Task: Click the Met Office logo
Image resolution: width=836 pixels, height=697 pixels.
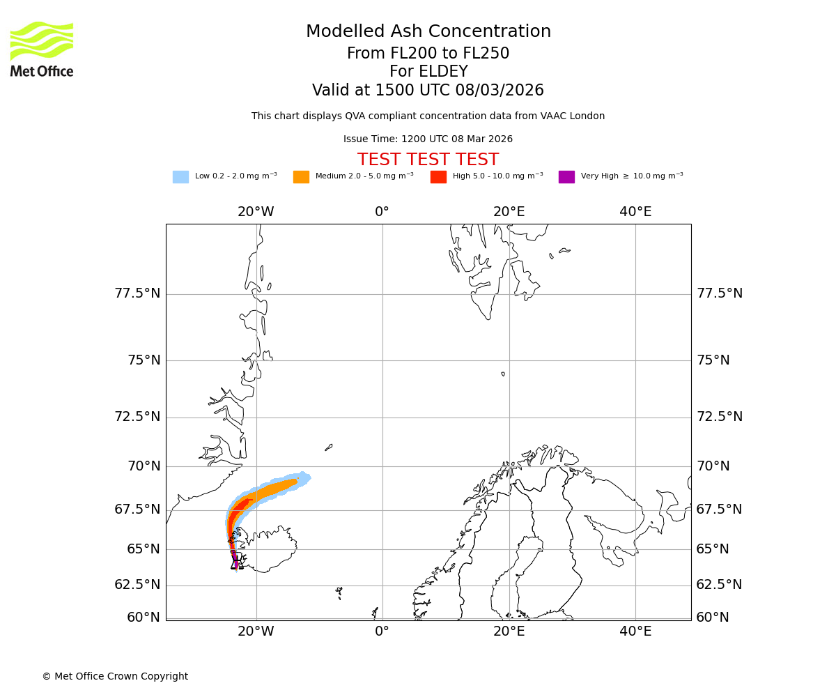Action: pyautogui.click(x=42, y=49)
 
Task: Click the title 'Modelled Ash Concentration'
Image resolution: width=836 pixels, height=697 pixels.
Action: pyautogui.click(x=428, y=32)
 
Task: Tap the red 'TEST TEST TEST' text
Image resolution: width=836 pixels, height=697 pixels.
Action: pyautogui.click(x=428, y=160)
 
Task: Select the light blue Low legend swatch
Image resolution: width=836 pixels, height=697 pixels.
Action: pyautogui.click(x=180, y=177)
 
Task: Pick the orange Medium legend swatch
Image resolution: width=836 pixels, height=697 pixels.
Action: pyautogui.click(x=301, y=177)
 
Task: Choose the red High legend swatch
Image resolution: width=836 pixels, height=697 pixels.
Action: pyautogui.click(x=438, y=177)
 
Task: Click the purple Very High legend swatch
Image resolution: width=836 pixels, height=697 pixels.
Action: pyautogui.click(x=566, y=177)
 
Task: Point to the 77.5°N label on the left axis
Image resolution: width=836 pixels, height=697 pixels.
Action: pyautogui.click(x=137, y=293)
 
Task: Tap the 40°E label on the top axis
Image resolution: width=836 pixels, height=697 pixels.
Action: pyautogui.click(x=635, y=212)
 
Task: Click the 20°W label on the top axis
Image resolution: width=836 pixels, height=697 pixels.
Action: pyautogui.click(x=256, y=212)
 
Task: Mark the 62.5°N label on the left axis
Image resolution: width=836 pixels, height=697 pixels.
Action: pyautogui.click(x=137, y=585)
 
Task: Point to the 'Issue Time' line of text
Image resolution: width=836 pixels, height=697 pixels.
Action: pyautogui.click(x=428, y=139)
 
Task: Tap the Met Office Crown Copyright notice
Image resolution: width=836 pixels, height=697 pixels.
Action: pyautogui.click(x=115, y=677)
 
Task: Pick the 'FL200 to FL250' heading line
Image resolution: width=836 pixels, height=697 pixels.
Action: pyautogui.click(x=428, y=54)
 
